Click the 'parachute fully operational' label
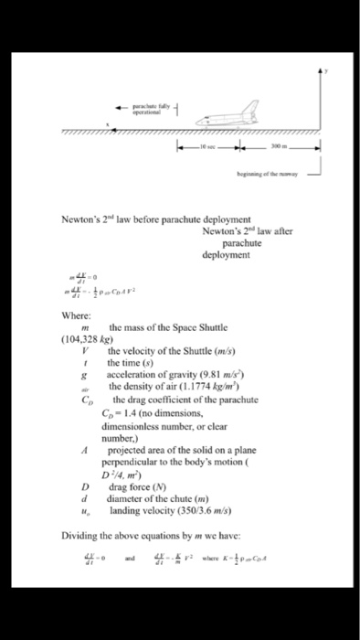pyautogui.click(x=151, y=106)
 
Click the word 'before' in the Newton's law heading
pyautogui.click(x=147, y=219)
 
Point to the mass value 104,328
pyautogui.click(x=84, y=338)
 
